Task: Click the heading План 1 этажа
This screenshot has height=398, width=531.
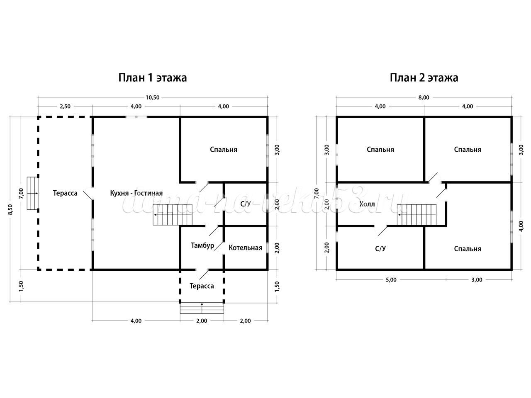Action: (153, 78)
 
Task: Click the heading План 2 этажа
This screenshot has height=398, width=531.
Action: (424, 78)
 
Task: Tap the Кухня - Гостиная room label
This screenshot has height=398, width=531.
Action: (136, 193)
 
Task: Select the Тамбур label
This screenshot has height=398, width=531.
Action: (202, 245)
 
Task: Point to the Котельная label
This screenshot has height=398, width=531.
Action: (245, 248)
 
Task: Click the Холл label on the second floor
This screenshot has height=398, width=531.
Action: (367, 204)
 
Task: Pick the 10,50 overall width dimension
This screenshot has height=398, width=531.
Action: (152, 97)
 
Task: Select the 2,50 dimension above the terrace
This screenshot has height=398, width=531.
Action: (65, 106)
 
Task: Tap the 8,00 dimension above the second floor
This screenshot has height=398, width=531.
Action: (424, 97)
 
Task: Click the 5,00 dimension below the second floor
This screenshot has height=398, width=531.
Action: (391, 279)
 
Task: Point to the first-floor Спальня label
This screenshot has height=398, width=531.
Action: (223, 150)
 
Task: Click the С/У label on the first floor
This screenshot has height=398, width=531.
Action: (245, 204)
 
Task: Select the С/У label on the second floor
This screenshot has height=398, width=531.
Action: (380, 248)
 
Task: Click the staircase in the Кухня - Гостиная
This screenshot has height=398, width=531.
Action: (173, 215)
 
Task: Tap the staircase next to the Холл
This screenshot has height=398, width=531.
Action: (417, 215)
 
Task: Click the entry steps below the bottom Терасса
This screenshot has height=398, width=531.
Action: (202, 308)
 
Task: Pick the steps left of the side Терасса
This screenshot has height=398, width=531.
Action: (33, 193)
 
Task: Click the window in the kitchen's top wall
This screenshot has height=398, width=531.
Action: (136, 117)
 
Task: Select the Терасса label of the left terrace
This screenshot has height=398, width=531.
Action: (65, 193)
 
